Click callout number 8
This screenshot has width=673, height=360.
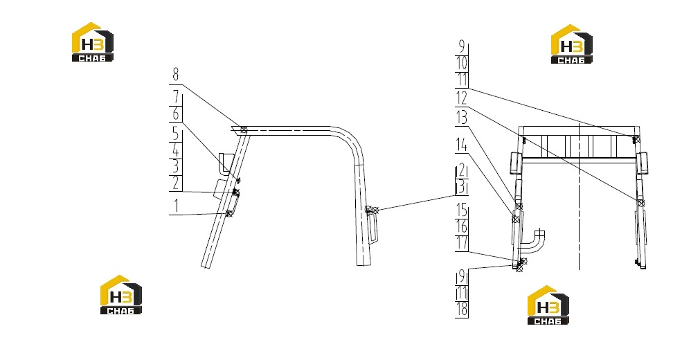(176, 75)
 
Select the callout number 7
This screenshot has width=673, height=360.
(176, 98)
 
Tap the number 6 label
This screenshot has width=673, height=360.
(176, 114)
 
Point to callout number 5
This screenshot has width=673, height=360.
(176, 134)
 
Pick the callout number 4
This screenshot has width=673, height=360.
(176, 151)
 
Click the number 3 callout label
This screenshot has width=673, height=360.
(176, 166)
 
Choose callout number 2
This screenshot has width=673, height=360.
(176, 183)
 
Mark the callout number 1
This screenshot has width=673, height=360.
(176, 206)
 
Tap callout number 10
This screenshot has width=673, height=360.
(461, 64)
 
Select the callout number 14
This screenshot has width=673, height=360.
(461, 145)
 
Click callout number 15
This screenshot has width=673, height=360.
(461, 210)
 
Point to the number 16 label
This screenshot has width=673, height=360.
(461, 226)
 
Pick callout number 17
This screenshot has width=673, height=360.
(461, 243)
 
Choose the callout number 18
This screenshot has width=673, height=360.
(462, 309)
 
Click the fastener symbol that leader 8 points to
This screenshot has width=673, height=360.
(244, 129)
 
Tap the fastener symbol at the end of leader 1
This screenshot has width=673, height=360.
(228, 213)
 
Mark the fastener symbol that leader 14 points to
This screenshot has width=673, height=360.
(515, 219)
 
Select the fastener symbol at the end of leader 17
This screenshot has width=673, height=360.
(523, 261)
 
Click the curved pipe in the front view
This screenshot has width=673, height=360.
(534, 242)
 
